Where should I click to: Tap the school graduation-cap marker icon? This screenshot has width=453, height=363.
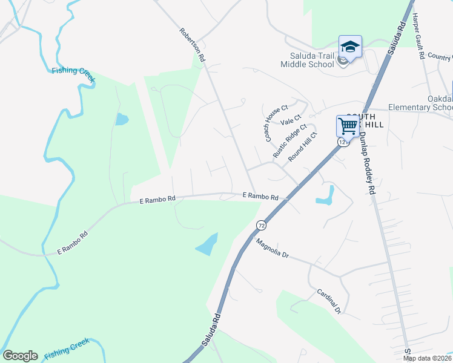click(350, 46)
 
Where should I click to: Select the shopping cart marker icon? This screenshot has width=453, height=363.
click(348, 126)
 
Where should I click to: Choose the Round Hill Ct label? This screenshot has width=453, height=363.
click(303, 147)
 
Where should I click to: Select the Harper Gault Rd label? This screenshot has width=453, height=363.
click(418, 37)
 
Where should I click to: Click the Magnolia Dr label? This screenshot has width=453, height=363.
click(273, 248)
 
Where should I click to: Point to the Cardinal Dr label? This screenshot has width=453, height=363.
click(329, 301)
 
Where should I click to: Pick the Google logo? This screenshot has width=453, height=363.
click(20, 356)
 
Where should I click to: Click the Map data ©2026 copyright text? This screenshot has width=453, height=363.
click(427, 358)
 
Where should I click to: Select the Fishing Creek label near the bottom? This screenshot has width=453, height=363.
click(67, 346)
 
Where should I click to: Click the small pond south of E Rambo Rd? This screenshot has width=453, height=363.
click(207, 244)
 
